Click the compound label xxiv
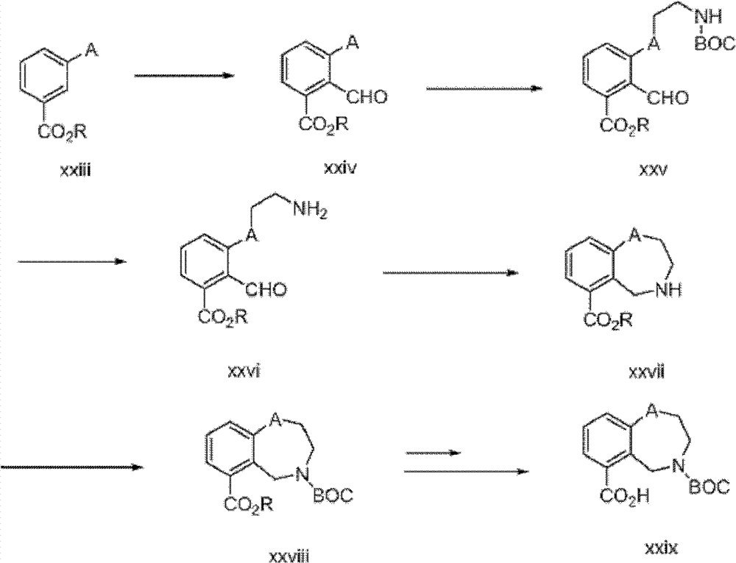coord(339,170)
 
